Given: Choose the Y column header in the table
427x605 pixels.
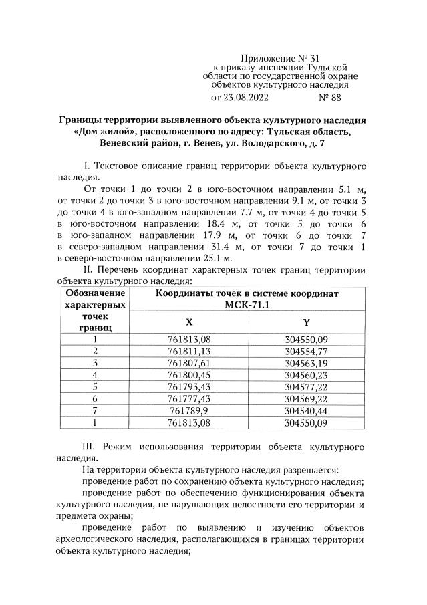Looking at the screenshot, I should [306, 322].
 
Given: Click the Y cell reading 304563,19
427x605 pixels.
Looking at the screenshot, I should [306, 363].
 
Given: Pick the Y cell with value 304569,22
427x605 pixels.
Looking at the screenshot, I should [306, 399].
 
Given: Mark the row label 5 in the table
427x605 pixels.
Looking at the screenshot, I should [95, 387].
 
